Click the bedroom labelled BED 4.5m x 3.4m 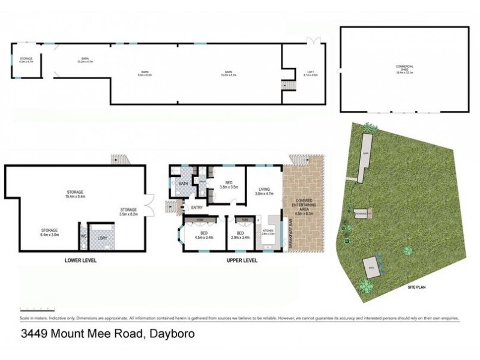pyautogui.click(x=204, y=235)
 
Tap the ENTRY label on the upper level pyautogui.click(x=196, y=208)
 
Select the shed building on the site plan pyautogui.click(x=371, y=269)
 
